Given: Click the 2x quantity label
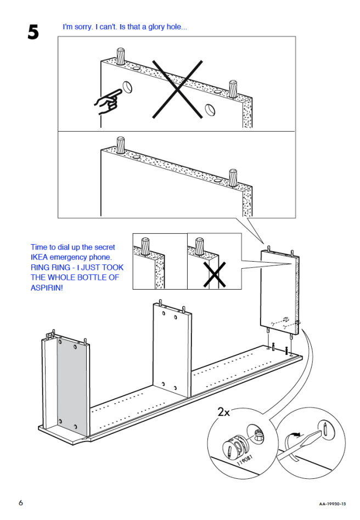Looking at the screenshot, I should coord(223,412).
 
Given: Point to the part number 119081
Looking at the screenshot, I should coord(245,460).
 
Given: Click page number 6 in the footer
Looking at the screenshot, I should coord(21,503).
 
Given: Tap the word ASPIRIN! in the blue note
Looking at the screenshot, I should coord(47,287).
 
